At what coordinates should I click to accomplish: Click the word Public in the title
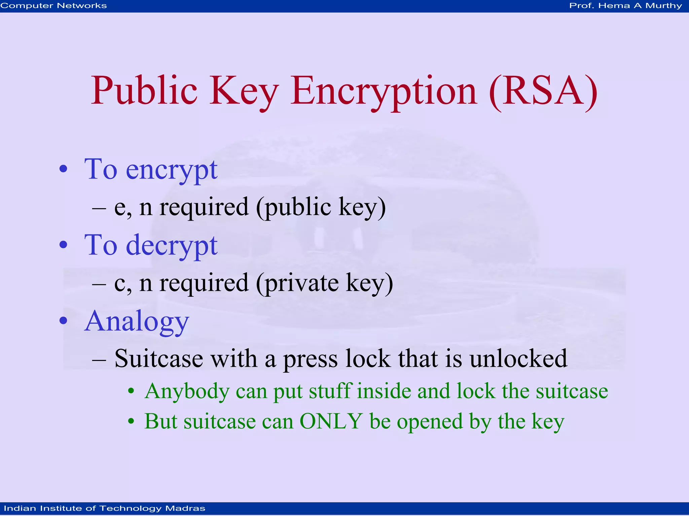[144, 91]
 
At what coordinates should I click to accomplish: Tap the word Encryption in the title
[384, 91]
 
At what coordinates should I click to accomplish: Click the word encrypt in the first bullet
[172, 170]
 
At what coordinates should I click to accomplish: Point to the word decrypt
[172, 246]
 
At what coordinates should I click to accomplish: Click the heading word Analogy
[137, 322]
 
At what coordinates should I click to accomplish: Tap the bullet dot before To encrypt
[63, 169]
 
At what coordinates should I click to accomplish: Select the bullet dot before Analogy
[63, 321]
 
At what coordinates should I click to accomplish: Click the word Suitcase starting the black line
[159, 359]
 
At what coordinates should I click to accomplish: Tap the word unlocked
[518, 359]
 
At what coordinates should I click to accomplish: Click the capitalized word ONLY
[331, 421]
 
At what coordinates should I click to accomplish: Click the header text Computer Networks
[54, 6]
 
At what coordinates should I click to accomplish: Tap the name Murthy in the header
[663, 6]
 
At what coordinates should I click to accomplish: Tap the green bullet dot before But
[131, 421]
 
